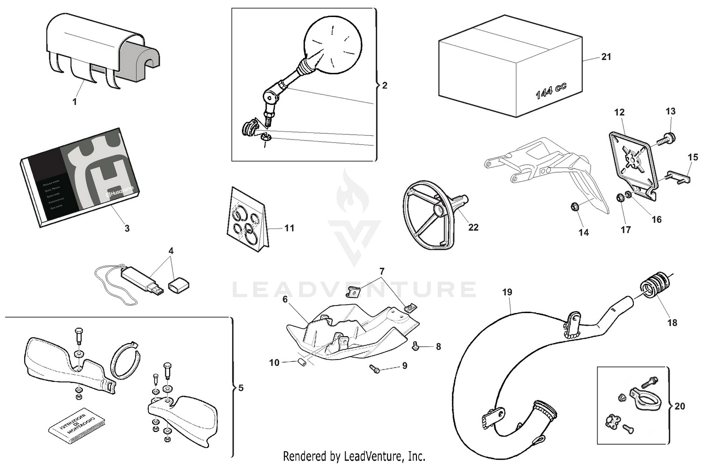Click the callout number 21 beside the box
point(606,57)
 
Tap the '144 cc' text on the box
point(551,90)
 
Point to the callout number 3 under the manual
point(127,228)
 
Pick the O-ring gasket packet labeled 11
point(248,220)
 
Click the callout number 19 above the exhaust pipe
point(507,292)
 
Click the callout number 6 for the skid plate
point(285,299)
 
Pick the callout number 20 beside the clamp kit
point(679,406)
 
